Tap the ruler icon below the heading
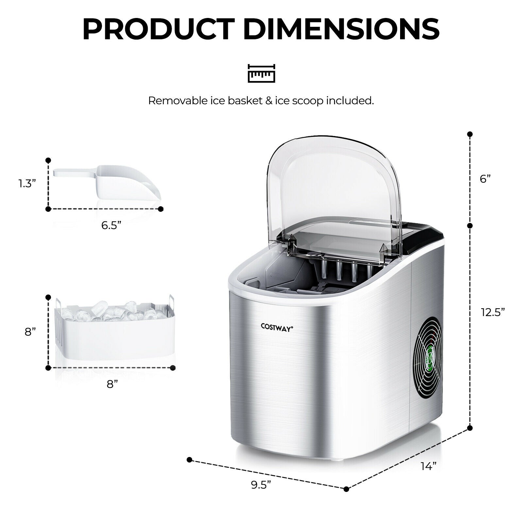click(261, 73)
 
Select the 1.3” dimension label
click(27, 184)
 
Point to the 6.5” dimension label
click(111, 225)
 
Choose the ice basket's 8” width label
click(112, 384)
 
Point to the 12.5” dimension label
click(493, 312)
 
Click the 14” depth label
click(429, 466)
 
